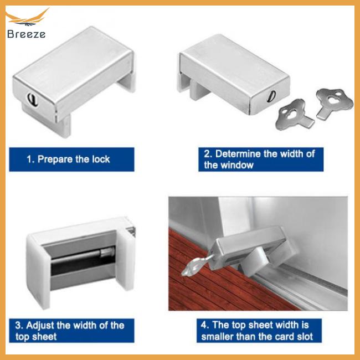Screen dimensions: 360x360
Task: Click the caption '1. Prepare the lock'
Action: [x=69, y=159]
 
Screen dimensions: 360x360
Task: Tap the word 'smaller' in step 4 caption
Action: [x=221, y=336]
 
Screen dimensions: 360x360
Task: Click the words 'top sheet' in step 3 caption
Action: [x=37, y=336]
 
